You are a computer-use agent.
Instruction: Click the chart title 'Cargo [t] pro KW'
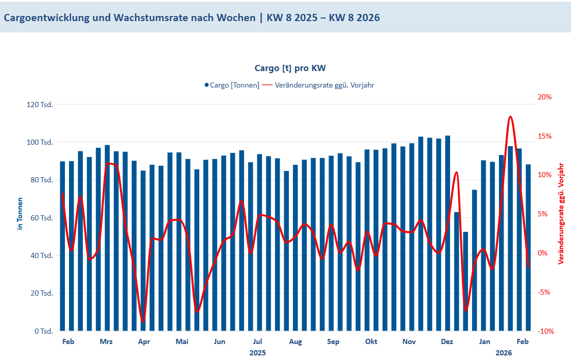(290, 68)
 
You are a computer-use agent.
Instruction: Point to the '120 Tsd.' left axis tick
(40, 105)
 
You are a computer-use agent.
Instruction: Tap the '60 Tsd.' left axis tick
(41, 218)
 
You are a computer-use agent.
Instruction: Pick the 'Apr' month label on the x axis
(144, 341)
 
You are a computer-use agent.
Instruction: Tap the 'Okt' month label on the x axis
(371, 341)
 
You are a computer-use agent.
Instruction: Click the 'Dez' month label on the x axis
(447, 341)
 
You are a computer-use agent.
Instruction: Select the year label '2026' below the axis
(504, 353)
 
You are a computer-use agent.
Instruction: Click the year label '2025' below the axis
(257, 353)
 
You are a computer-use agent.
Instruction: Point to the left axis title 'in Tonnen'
(21, 213)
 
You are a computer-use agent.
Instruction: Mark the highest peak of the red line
(510, 117)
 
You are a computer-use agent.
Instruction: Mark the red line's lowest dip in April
(143, 321)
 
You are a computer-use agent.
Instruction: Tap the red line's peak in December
(456, 173)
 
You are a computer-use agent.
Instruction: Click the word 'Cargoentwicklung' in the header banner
(46, 18)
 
